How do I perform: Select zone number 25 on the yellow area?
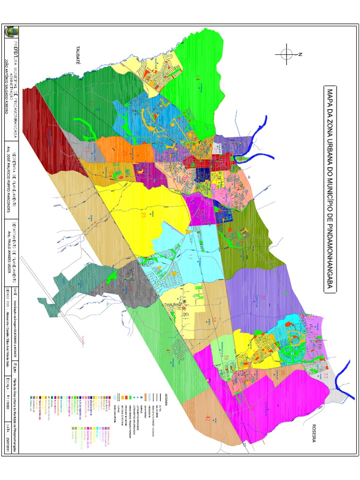[x=143, y=215]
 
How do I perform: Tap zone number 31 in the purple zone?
[x=263, y=297]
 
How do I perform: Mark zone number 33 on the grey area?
[x=325, y=375]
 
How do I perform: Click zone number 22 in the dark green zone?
[x=92, y=103]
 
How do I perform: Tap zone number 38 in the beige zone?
[x=214, y=320]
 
